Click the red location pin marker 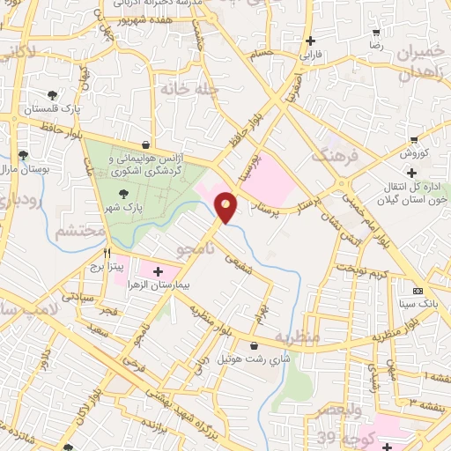[x=226, y=207]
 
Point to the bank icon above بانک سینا [x=418, y=291]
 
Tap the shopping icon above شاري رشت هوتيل [x=255, y=345]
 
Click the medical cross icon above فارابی [x=310, y=41]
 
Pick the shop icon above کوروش [x=414, y=140]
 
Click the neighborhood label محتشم [x=80, y=232]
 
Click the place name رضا [x=376, y=43]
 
